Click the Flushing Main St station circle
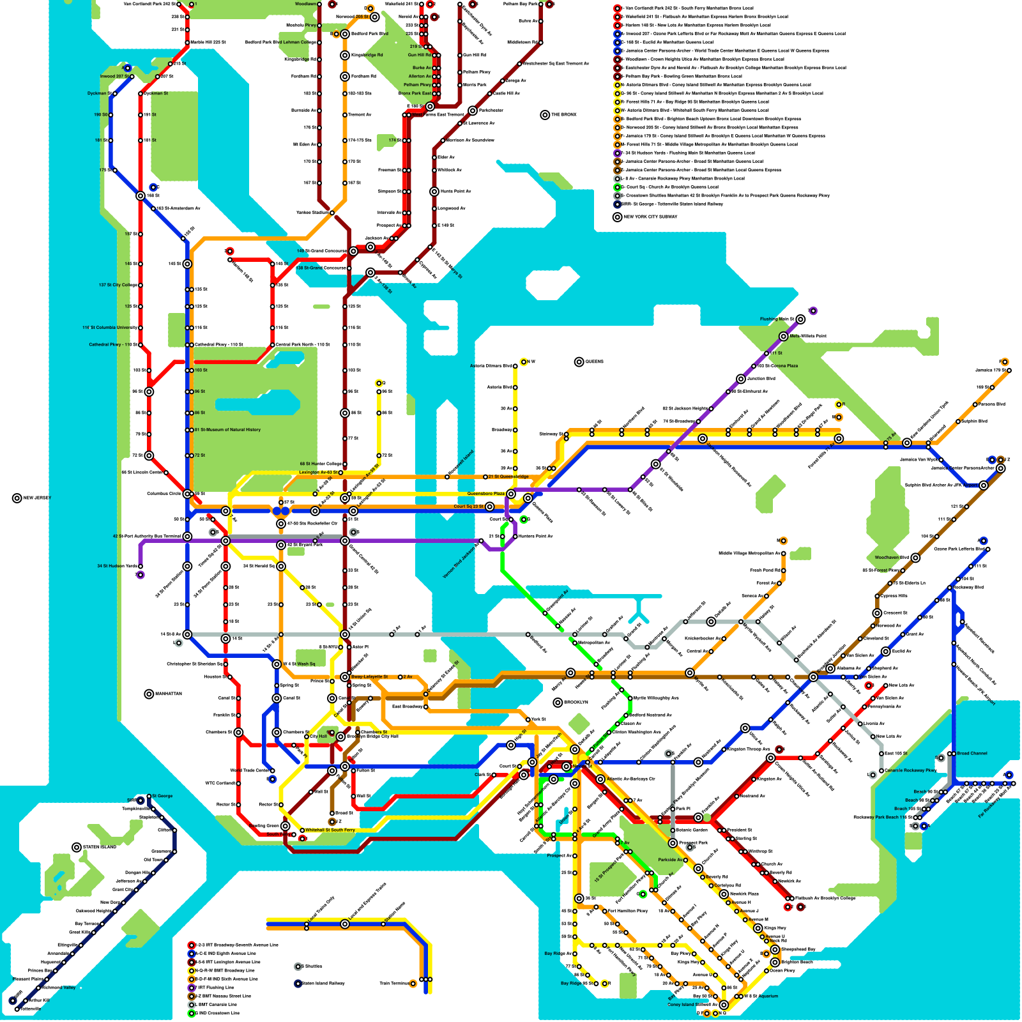[x=800, y=319]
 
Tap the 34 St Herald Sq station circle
[x=281, y=567]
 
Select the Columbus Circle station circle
[x=187, y=494]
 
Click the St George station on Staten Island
[x=149, y=797]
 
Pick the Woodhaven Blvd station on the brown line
[x=915, y=558]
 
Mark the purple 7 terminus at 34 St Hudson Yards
[x=141, y=575]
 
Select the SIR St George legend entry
[x=671, y=204]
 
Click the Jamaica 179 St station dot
[x=1005, y=370]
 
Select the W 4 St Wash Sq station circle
[x=277, y=664]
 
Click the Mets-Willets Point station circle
[x=784, y=336]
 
